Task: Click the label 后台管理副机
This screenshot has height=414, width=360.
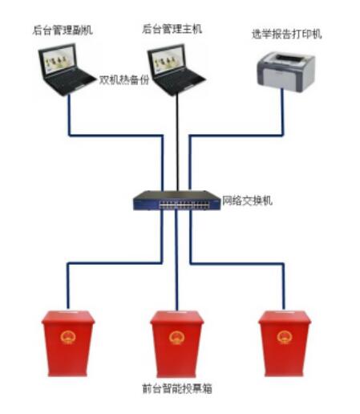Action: click(63, 30)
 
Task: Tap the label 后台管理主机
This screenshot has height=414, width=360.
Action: click(172, 29)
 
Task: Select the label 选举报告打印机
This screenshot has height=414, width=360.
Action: click(286, 34)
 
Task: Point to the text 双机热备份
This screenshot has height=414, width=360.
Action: click(124, 79)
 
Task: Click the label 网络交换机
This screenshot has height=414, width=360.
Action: click(247, 201)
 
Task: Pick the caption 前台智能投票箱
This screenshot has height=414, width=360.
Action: click(177, 388)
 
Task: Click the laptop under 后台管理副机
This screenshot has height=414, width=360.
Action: click(67, 70)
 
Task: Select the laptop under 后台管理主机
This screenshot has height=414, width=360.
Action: click(176, 70)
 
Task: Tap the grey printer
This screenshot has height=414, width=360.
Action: click(286, 72)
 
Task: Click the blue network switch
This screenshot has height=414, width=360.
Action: click(177, 201)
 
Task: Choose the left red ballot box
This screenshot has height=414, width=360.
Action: click(68, 343)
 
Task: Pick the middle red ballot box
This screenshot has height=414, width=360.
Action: click(177, 343)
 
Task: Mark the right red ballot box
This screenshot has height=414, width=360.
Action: click(285, 343)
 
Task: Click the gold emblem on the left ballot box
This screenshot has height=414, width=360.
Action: click(68, 337)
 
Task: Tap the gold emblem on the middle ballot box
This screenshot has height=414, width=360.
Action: click(176, 337)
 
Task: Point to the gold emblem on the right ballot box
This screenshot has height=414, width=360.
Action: click(285, 337)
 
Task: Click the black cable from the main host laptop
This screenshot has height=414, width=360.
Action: click(177, 142)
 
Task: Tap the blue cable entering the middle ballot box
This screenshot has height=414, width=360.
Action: click(176, 260)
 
